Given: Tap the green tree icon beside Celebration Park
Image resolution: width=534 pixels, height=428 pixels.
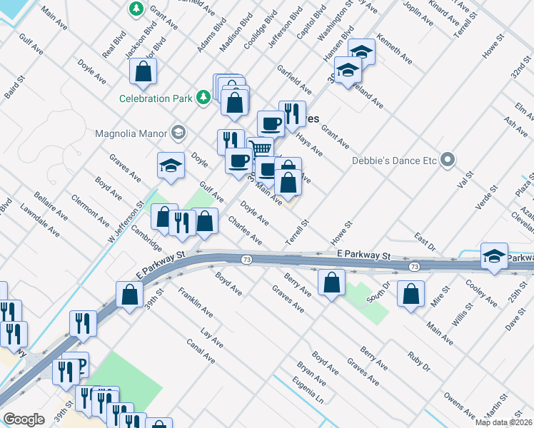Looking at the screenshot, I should [x=203, y=96].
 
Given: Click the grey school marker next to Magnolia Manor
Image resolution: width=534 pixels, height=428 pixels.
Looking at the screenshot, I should [x=178, y=132].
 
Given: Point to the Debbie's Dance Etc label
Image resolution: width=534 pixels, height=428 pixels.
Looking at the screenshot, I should [x=393, y=160].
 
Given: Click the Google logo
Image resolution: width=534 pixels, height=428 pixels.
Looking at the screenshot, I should [x=24, y=419].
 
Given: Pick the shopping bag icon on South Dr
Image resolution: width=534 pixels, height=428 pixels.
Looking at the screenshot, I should [x=410, y=295].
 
